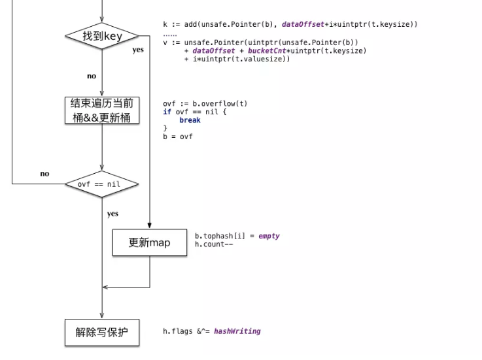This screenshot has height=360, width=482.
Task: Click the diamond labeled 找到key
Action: click(x=103, y=37)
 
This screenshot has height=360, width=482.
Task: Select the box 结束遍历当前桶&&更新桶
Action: click(x=103, y=110)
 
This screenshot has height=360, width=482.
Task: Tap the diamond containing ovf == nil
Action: click(x=103, y=184)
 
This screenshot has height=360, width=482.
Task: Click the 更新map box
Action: click(x=150, y=242)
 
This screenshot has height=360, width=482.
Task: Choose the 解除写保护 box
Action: click(x=103, y=333)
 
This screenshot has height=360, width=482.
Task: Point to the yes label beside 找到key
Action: click(x=138, y=50)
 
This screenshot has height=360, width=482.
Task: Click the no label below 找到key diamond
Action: click(x=92, y=76)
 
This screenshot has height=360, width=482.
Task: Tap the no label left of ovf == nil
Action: click(x=44, y=174)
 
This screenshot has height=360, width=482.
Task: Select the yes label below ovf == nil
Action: click(x=112, y=214)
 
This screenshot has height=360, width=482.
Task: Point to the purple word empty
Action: click(x=269, y=236)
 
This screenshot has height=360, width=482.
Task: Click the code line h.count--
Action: click(x=215, y=244)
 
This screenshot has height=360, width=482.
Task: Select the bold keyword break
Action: click(x=190, y=120)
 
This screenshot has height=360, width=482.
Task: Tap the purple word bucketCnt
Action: click(x=264, y=50)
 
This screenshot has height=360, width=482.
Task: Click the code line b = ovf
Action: click(x=178, y=137)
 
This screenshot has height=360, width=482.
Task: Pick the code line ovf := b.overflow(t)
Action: click(x=205, y=103)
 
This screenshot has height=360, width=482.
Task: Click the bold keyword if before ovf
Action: click(x=167, y=112)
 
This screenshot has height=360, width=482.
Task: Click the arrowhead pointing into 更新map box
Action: click(x=150, y=226)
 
